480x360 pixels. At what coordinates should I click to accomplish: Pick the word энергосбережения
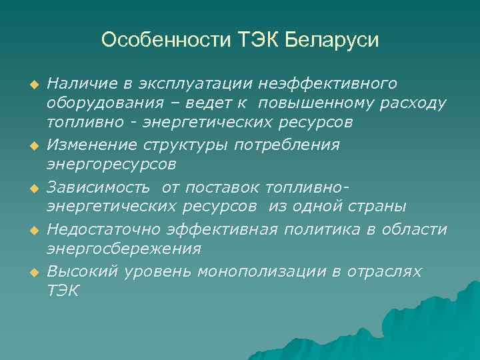[123, 249]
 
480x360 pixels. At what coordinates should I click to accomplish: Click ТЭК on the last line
[63, 291]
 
